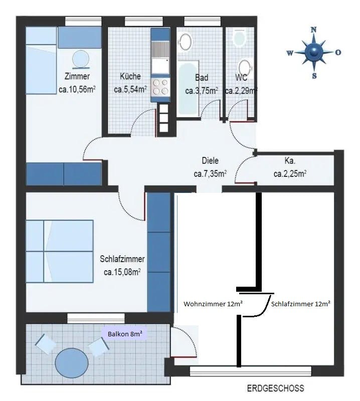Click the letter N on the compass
click(314, 30)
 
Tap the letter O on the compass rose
click(338, 52)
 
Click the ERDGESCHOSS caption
click(275, 388)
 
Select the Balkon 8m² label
click(124, 334)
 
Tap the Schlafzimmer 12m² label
click(300, 304)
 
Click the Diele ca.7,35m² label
click(210, 168)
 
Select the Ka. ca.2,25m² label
click(290, 168)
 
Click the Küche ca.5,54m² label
click(130, 83)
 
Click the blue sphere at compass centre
click(314, 52)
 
